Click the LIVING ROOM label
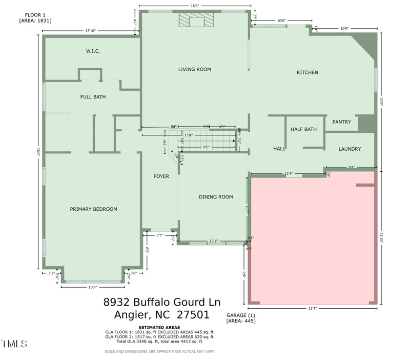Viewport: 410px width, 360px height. coord(194,69)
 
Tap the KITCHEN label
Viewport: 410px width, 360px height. coord(307,72)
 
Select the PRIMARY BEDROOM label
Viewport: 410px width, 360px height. coord(94,209)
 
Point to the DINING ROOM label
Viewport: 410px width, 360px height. coord(216,197)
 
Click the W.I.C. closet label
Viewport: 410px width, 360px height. coord(92,51)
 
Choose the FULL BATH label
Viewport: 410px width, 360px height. coord(93,96)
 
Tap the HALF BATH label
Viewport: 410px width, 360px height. coord(303,129)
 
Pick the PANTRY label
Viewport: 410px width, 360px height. coord(341,122)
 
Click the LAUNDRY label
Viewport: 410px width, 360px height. coord(350,149)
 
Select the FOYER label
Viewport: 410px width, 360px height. coord(161,176)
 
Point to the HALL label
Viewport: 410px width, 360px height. coord(279,149)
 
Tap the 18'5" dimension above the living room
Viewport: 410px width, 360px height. coord(195,6)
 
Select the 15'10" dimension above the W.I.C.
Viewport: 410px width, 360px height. coord(90,31)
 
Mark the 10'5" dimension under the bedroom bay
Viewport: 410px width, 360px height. coord(93,287)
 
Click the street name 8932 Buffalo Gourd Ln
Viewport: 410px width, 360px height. coord(162,302)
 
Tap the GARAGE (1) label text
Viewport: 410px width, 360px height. coord(240,315)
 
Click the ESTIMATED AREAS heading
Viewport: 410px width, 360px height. coord(159,327)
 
